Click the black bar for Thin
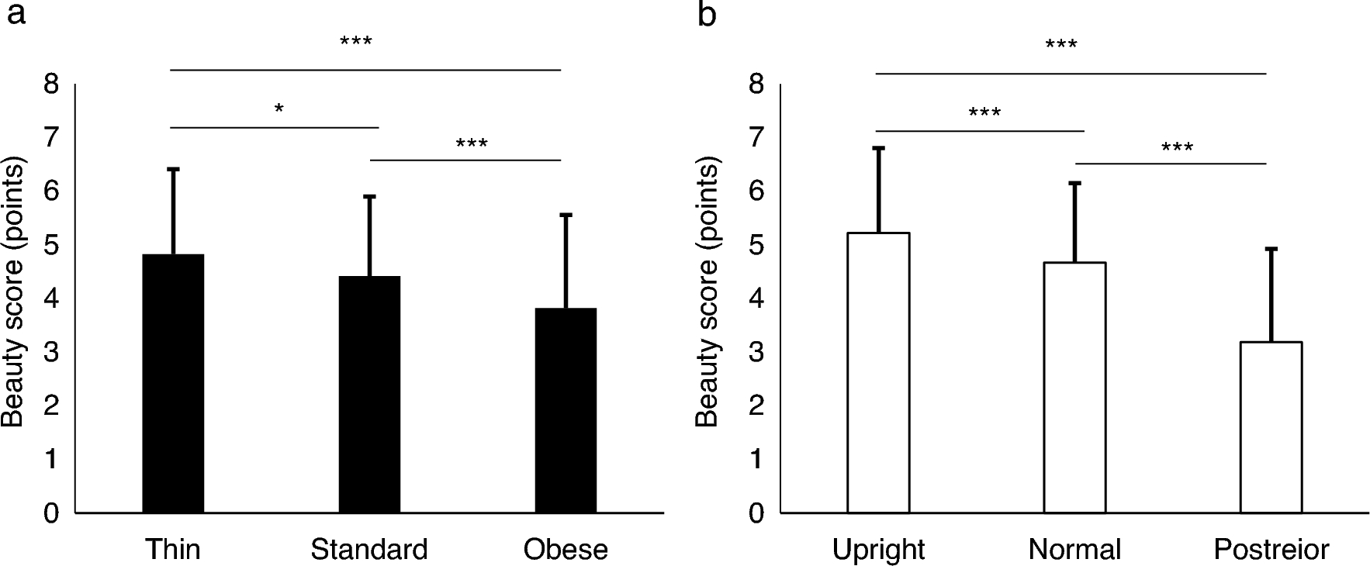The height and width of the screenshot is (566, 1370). pyautogui.click(x=173, y=384)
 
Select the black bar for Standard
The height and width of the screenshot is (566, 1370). pyautogui.click(x=369, y=395)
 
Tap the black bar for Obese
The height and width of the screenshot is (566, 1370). pyautogui.click(x=566, y=411)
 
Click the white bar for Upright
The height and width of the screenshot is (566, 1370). pyautogui.click(x=878, y=373)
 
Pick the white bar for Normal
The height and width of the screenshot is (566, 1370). pyautogui.click(x=1074, y=388)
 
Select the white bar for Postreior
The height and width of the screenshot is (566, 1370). pyautogui.click(x=1271, y=427)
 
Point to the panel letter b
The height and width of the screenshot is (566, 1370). pyautogui.click(x=707, y=14)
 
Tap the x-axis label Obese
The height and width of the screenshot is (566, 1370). pyautogui.click(x=566, y=550)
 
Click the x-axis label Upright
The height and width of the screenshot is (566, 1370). pyautogui.click(x=878, y=550)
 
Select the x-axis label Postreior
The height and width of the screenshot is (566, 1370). pyautogui.click(x=1271, y=550)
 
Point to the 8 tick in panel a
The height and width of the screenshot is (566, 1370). pyautogui.click(x=51, y=84)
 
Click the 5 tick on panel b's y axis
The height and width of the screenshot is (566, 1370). pyautogui.click(x=757, y=245)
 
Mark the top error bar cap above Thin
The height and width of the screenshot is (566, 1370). pyautogui.click(x=173, y=169)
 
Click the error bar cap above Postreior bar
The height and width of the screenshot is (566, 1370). pyautogui.click(x=1271, y=249)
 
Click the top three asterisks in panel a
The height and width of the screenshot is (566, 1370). pyautogui.click(x=356, y=41)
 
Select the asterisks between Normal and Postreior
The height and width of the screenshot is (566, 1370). pyautogui.click(x=1177, y=147)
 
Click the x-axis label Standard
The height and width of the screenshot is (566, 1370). pyautogui.click(x=369, y=550)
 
